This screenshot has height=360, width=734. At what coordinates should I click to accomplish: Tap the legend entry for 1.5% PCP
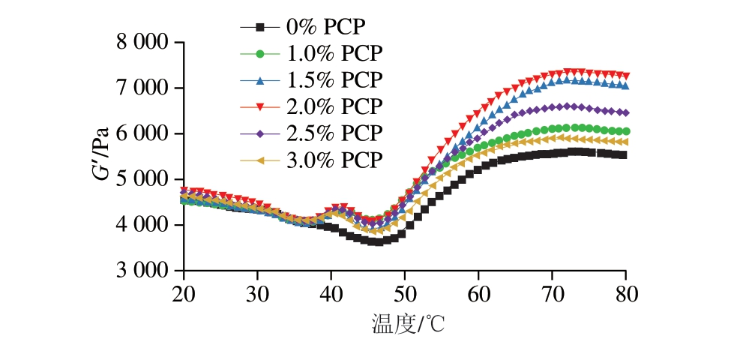[334, 79]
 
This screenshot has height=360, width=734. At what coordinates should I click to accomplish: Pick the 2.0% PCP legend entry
[334, 106]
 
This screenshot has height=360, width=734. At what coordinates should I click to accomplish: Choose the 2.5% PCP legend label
[334, 132]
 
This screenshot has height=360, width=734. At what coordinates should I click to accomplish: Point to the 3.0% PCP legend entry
[334, 158]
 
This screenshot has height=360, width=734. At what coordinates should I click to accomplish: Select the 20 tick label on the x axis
[184, 293]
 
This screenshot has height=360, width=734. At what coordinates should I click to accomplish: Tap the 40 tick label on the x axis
[331, 293]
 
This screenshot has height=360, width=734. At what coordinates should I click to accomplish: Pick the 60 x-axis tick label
[478, 293]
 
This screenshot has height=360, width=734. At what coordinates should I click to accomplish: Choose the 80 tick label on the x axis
[626, 293]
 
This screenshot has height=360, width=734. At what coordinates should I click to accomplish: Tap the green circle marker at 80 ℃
[625, 131]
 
